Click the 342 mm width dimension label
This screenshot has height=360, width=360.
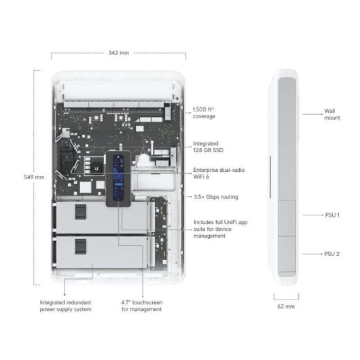[x=118, y=52]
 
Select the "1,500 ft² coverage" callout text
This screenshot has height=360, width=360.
[x=204, y=113]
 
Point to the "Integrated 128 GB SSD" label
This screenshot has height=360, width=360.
[x=206, y=148]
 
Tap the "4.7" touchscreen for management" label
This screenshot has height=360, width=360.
[x=141, y=306]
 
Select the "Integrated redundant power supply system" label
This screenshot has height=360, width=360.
[x=75, y=306]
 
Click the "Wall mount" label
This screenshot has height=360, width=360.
[x=331, y=113]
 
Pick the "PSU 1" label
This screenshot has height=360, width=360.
[x=332, y=215]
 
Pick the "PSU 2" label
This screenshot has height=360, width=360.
[x=332, y=253]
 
